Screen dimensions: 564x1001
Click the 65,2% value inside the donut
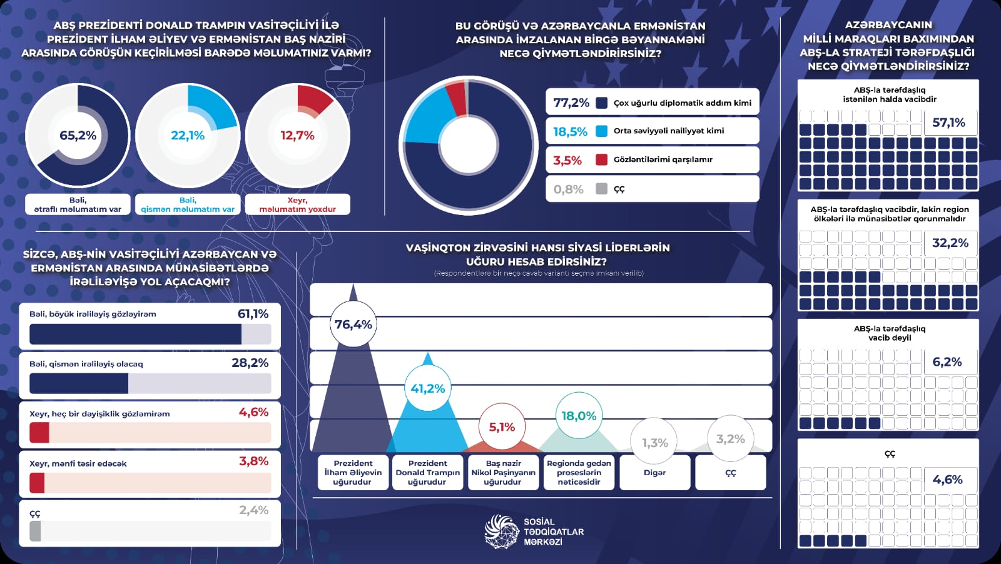pyautogui.click(x=78, y=135)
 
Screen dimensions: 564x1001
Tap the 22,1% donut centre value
pyautogui.click(x=188, y=135)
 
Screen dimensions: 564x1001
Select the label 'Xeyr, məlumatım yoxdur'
pyautogui.click(x=298, y=204)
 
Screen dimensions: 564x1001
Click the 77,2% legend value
pyautogui.click(x=571, y=103)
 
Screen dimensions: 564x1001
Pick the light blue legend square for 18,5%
pyautogui.click(x=602, y=131)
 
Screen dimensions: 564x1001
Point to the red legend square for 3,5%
pyautogui.click(x=602, y=159)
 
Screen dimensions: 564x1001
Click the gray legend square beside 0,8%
pyautogui.click(x=602, y=188)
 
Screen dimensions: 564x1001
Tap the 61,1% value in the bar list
pyautogui.click(x=253, y=314)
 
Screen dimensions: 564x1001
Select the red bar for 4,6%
pyautogui.click(x=39, y=433)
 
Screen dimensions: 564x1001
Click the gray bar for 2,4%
pyautogui.click(x=36, y=531)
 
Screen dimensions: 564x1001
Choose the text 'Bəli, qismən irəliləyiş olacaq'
pyautogui.click(x=86, y=364)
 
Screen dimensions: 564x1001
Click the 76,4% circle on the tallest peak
pyautogui.click(x=353, y=324)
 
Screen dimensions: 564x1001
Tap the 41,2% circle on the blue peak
pyautogui.click(x=428, y=388)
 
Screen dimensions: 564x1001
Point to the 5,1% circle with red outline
pyautogui.click(x=502, y=427)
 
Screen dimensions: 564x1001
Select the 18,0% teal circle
pyautogui.click(x=579, y=416)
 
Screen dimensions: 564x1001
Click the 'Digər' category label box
pyautogui.click(x=654, y=473)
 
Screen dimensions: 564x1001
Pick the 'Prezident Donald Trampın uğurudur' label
pyautogui.click(x=428, y=473)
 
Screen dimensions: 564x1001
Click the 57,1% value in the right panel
pyautogui.click(x=948, y=123)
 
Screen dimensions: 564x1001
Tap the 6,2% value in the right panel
pyautogui.click(x=947, y=362)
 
